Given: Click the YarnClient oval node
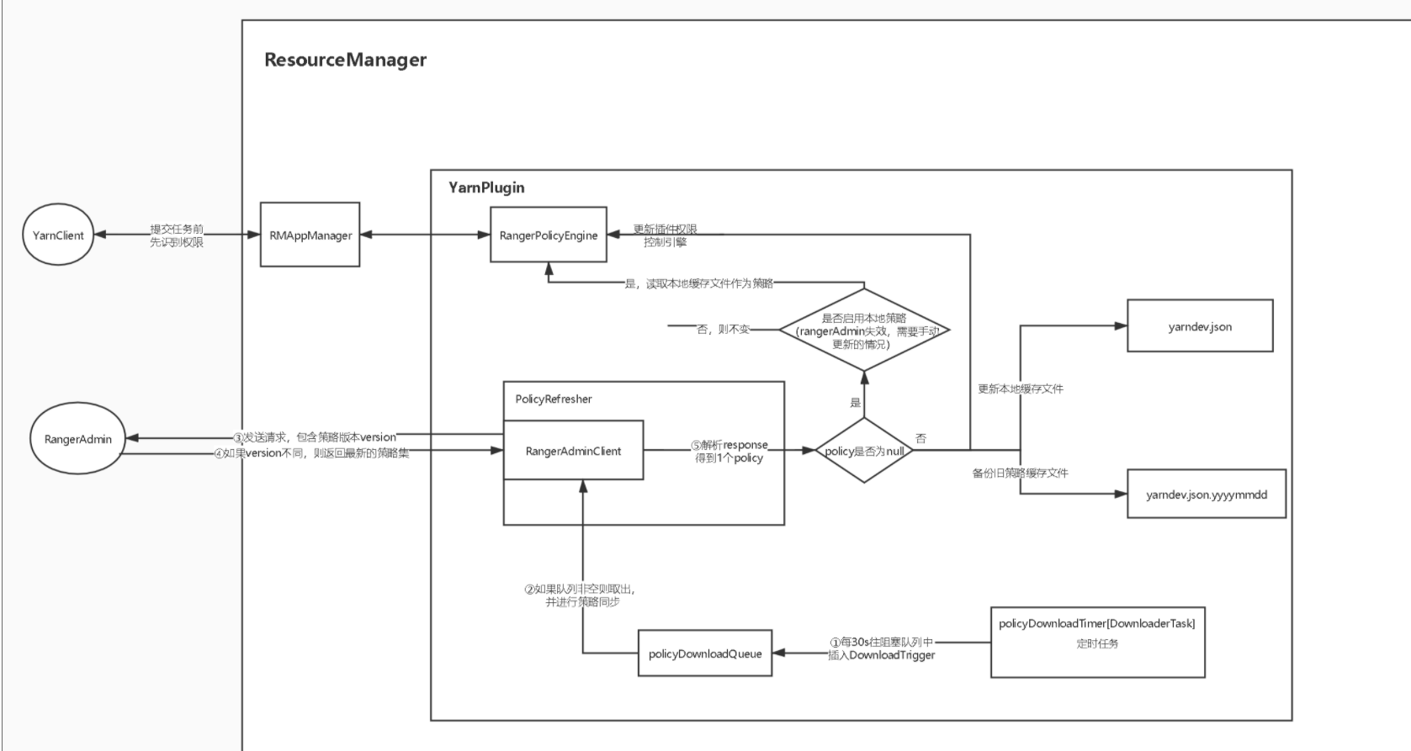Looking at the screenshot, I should pyautogui.click(x=58, y=235).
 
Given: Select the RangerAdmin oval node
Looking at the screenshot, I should pyautogui.click(x=77, y=439).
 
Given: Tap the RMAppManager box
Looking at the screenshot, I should pyautogui.click(x=310, y=235).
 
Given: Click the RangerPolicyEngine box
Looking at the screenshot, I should pyautogui.click(x=548, y=235).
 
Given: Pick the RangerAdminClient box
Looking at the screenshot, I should pyautogui.click(x=573, y=451).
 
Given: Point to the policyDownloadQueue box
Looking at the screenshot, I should pyautogui.click(x=705, y=653).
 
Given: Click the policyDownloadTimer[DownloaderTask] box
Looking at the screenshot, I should pyautogui.click(x=1097, y=642).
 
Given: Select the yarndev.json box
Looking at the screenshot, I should pyautogui.click(x=1200, y=326).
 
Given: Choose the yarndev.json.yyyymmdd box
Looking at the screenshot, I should pyautogui.click(x=1206, y=494).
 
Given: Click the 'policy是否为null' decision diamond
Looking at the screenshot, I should pyautogui.click(x=864, y=451).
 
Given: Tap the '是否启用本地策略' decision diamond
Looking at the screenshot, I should pyautogui.click(x=864, y=331).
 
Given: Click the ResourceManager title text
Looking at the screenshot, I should pyautogui.click(x=345, y=60).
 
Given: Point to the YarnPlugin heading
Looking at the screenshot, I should pyautogui.click(x=486, y=188).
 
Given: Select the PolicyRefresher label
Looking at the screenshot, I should pyautogui.click(x=553, y=399).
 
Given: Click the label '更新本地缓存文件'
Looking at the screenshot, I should pyautogui.click(x=1020, y=389).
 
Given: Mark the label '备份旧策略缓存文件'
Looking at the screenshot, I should pyautogui.click(x=1020, y=473).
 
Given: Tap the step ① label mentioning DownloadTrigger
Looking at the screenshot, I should pyautogui.click(x=881, y=648).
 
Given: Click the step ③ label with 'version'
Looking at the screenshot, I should pyautogui.click(x=315, y=437).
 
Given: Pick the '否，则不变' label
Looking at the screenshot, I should pyautogui.click(x=723, y=330).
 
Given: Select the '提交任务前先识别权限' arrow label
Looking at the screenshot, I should pyautogui.click(x=177, y=235).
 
